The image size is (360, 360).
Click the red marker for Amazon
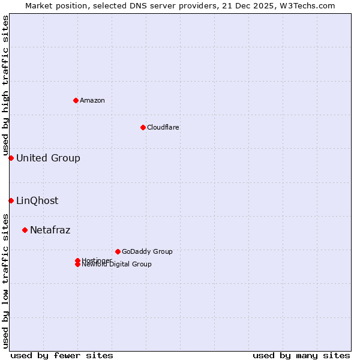tap(76, 100)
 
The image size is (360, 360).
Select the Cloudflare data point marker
tap(143, 127)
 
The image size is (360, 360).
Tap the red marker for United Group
tap(11, 158)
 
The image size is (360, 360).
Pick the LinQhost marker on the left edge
tap(11, 200)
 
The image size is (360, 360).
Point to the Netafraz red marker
tap(25, 230)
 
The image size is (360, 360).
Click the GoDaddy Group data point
tap(118, 251)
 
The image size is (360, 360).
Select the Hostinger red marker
tap(77, 260)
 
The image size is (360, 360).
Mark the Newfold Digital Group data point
tap(77, 265)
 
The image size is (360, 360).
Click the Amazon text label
tap(92, 100)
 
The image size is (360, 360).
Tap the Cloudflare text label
tap(163, 127)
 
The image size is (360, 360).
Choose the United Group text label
tap(48, 158)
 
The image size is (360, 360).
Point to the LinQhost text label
tap(37, 201)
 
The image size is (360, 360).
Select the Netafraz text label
tap(50, 230)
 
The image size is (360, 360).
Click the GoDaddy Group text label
tap(147, 251)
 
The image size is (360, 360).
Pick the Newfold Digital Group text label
tap(116, 265)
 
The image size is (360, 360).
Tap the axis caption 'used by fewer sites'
tap(62, 355)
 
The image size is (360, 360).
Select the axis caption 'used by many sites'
tap(301, 355)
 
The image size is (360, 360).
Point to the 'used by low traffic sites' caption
tap(5, 281)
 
